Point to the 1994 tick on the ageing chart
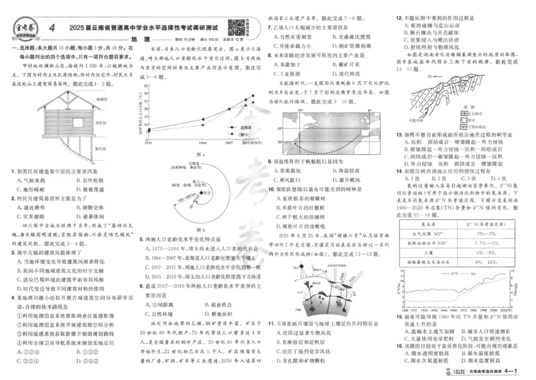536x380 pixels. click(x=202, y=143)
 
